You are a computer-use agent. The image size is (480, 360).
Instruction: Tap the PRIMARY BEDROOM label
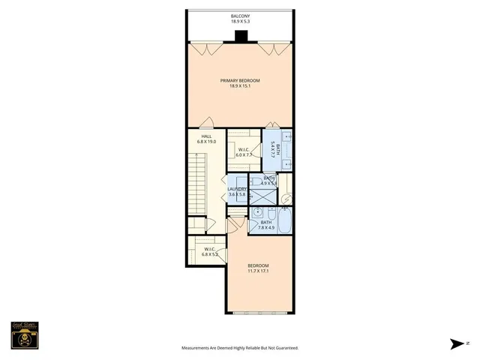pyautogui.click(x=240, y=80)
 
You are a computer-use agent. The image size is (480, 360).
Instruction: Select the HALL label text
pyautogui.click(x=206, y=136)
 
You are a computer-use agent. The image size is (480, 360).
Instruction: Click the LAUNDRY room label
pyautogui.click(x=237, y=189)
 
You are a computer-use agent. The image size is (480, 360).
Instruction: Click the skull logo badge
pyautogui.click(x=23, y=337)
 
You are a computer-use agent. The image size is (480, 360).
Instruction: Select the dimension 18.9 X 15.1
pyautogui.click(x=240, y=85)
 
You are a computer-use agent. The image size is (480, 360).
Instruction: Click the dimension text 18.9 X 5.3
pyautogui.click(x=240, y=21)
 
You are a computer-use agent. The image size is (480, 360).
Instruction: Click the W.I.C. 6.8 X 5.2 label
pyautogui.click(x=209, y=252)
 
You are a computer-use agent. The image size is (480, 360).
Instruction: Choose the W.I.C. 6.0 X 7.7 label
pyautogui.click(x=244, y=153)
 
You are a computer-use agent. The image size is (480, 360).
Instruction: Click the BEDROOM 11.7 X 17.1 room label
pyautogui.click(x=258, y=267)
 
